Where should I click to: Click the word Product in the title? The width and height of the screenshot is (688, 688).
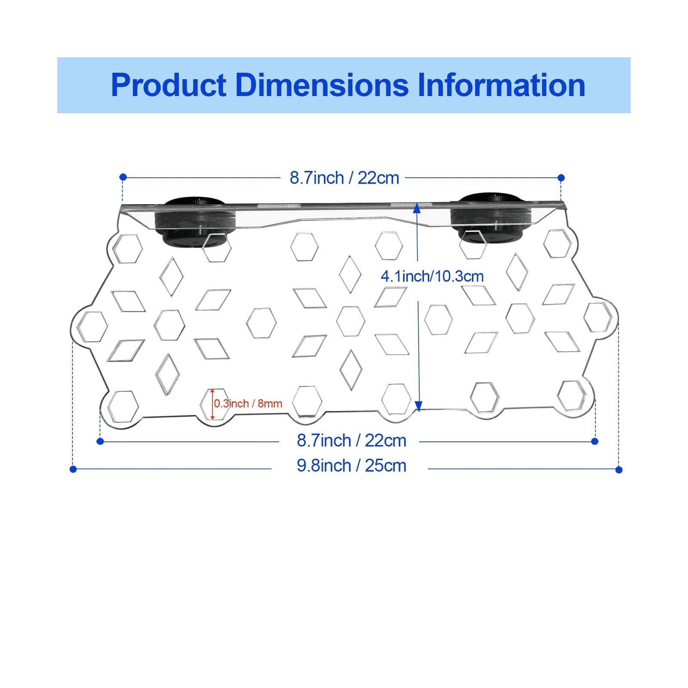pos(169,85)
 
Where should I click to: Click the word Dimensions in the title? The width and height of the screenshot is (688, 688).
pos(322,85)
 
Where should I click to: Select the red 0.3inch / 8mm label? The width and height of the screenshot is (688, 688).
pos(248,404)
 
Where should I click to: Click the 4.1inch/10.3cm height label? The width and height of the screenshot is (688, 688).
pos(432,276)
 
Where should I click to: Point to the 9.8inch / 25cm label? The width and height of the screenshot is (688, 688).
pos(351,466)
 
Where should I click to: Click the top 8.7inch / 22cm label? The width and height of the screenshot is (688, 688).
pos(344,178)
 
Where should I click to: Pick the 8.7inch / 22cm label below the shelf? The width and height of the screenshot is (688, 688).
pos(351,441)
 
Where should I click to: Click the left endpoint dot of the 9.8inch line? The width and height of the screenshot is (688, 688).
pos(73,469)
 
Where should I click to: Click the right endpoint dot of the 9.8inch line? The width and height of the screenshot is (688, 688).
pos(619,470)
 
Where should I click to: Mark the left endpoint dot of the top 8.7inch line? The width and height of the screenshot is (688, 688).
pos(123,177)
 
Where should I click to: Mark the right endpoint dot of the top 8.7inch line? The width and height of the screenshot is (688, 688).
pos(561,178)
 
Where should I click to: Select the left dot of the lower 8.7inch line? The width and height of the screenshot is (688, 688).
pos(100,441)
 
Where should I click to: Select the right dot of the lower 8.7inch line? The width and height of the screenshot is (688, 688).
pos(595,441)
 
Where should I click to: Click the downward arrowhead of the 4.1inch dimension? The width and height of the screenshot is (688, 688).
pos(418,406)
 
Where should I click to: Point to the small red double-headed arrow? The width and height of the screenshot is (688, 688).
pos(212,404)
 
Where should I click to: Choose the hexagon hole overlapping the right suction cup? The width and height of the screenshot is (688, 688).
pos(473,244)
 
